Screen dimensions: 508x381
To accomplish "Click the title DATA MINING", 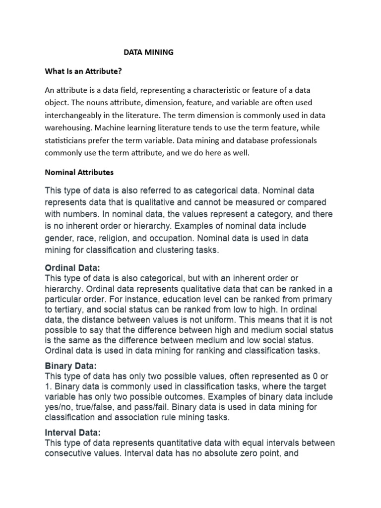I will point(148,52).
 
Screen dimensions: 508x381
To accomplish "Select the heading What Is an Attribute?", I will point(83,71).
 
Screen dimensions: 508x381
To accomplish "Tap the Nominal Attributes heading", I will point(79,172).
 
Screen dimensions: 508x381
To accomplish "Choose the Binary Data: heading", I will point(69,366).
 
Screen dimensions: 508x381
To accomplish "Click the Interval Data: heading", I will point(72,433).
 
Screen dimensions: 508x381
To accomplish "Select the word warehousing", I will point(66,127).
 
